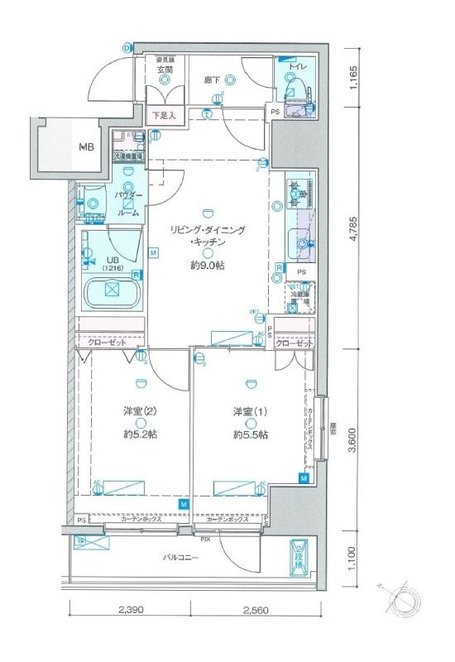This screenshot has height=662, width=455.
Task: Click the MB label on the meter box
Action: pyautogui.click(x=87, y=148)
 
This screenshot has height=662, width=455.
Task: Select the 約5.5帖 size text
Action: pyautogui.click(x=249, y=434)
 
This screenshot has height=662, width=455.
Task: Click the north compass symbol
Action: pyautogui.click(x=407, y=598)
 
